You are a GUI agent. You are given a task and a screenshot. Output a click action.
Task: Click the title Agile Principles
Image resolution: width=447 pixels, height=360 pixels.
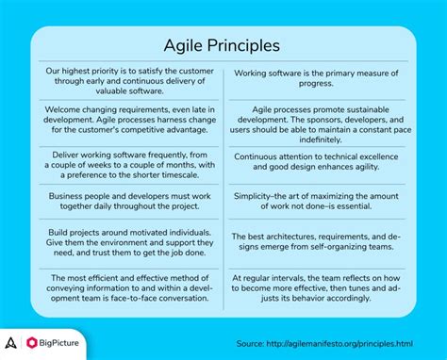pos(223,45)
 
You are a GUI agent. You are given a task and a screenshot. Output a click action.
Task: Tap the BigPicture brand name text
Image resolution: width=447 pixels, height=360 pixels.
pos(65,341)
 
